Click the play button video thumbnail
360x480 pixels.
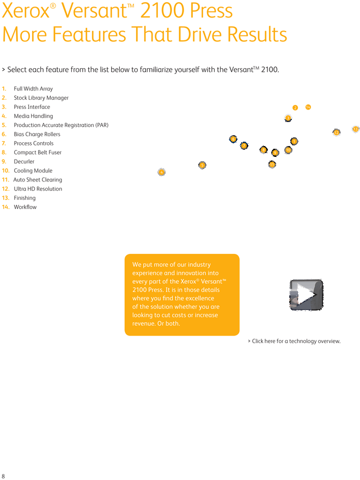[x=306, y=295]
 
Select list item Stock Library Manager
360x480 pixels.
[x=41, y=98]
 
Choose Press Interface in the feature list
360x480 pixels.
[x=32, y=107]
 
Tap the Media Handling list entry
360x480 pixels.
[x=33, y=116]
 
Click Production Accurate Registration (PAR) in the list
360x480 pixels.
[x=60, y=125]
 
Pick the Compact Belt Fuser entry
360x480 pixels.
[x=38, y=153]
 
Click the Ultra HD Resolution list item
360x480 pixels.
[x=38, y=189]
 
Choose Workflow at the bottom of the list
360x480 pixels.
[x=25, y=207]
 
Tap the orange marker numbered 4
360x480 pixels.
[x=161, y=172]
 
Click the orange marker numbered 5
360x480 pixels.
[x=202, y=165]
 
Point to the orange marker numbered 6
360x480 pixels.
[x=233, y=139]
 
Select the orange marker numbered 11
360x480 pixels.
[x=272, y=165]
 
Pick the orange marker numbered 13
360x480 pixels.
[x=356, y=129]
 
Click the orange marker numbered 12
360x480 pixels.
[x=337, y=132]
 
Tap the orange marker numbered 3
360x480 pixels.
[x=288, y=118]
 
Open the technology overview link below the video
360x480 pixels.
[x=295, y=341]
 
